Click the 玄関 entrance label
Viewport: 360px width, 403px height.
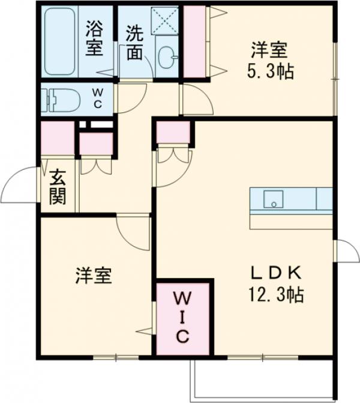[x=58, y=187]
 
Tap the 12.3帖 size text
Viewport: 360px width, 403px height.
[x=276, y=295]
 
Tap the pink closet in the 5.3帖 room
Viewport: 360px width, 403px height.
[x=193, y=42]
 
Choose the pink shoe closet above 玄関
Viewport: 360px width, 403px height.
[x=57, y=138]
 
